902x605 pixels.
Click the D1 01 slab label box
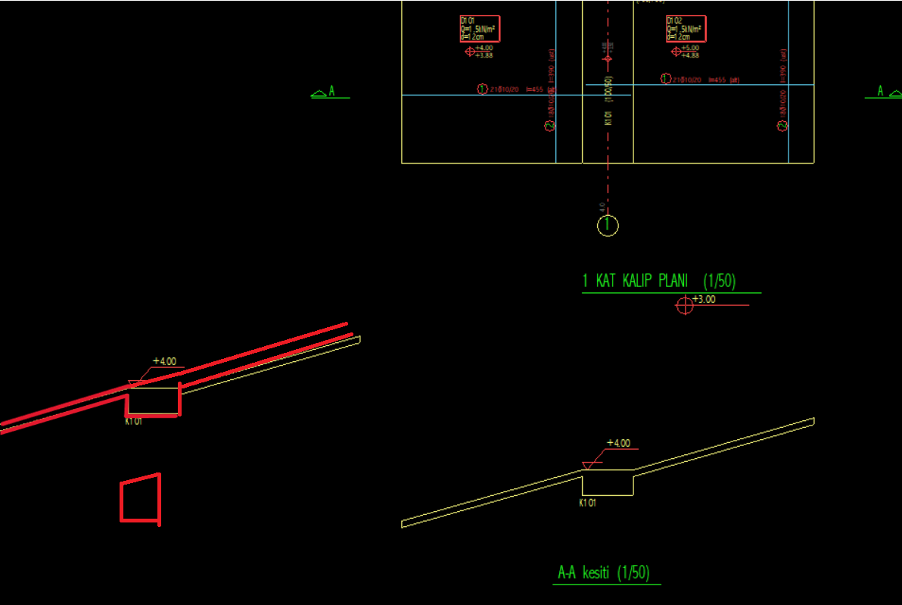479,29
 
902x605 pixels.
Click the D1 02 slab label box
686,29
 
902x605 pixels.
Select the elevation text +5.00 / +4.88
690,51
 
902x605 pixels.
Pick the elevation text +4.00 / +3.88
484,51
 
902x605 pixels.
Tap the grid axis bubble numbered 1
608,226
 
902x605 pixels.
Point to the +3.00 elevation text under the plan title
704,299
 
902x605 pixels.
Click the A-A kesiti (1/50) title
603,572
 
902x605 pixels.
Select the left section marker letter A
331,92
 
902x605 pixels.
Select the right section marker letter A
880,91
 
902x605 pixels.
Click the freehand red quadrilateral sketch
141,500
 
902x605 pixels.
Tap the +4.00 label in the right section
618,443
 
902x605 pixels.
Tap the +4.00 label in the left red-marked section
164,361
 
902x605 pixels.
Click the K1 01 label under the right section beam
587,503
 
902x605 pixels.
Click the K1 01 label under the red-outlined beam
133,422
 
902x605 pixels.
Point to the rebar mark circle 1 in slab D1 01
482,89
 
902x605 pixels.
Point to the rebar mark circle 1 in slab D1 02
666,79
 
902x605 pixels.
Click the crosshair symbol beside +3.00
684,305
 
